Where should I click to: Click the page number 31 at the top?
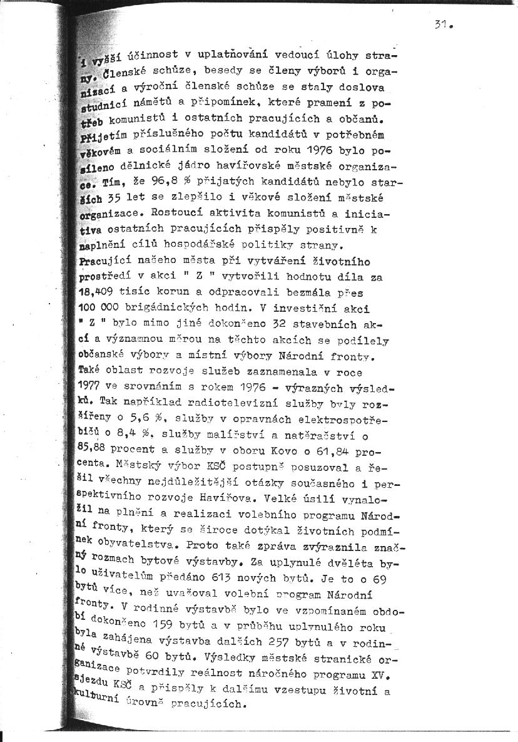click(441, 26)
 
